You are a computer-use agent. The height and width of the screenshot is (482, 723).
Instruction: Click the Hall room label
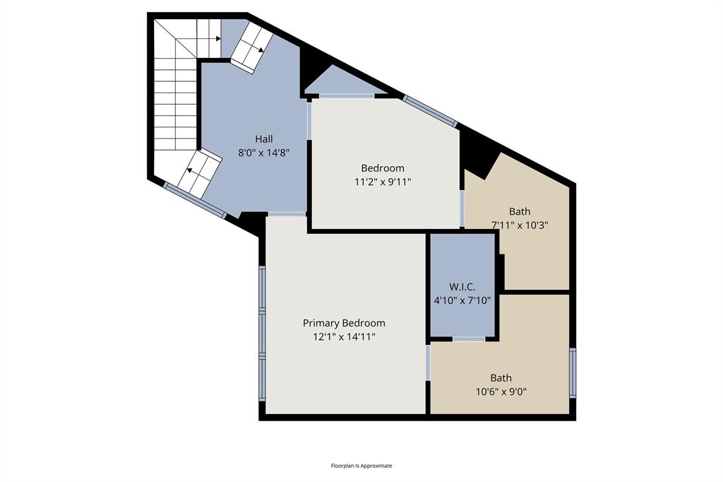pyautogui.click(x=264, y=139)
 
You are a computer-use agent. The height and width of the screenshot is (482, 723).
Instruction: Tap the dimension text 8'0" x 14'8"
pyautogui.click(x=264, y=152)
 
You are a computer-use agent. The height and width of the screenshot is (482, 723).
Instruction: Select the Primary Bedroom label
pyautogui.click(x=344, y=323)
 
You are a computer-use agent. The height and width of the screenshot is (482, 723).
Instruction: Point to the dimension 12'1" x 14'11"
pyautogui.click(x=344, y=337)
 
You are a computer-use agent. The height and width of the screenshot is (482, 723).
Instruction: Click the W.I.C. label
pyautogui.click(x=462, y=287)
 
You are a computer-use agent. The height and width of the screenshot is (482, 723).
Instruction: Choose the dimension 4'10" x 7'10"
pyautogui.click(x=462, y=300)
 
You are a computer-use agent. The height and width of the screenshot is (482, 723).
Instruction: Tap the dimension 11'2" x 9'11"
pyautogui.click(x=383, y=182)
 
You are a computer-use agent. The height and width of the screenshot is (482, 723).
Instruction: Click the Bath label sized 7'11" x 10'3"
pyautogui.click(x=520, y=211)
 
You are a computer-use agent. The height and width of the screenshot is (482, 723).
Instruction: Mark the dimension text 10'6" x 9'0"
pyautogui.click(x=501, y=392)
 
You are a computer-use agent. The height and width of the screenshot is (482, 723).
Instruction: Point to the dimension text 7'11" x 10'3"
pyautogui.click(x=520, y=225)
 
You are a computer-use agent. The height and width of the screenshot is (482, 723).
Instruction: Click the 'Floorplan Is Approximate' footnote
pyautogui.click(x=361, y=466)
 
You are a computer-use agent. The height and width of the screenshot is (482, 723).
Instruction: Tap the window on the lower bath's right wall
pyautogui.click(x=573, y=372)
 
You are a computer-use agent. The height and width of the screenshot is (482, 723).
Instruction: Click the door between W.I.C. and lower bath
pyautogui.click(x=468, y=339)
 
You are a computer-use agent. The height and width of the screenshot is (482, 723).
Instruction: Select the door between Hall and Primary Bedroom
pyautogui.click(x=287, y=213)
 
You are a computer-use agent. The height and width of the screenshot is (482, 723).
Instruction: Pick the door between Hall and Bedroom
pyautogui.click(x=309, y=121)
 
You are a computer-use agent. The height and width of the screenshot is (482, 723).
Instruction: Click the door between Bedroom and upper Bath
pyautogui.click(x=462, y=208)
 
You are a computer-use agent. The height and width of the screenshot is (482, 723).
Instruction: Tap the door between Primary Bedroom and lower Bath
pyautogui.click(x=428, y=362)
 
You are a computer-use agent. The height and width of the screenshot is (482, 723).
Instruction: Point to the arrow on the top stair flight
pyautogui.click(x=259, y=49)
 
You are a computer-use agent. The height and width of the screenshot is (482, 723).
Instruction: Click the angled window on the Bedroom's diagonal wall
pyautogui.click(x=430, y=111)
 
